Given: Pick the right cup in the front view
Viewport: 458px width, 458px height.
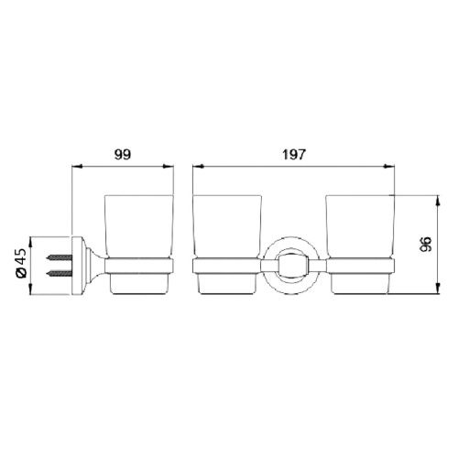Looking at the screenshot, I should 359,229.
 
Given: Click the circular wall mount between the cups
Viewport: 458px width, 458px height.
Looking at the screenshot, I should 292,267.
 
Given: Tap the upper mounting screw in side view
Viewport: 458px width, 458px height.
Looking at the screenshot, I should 58,256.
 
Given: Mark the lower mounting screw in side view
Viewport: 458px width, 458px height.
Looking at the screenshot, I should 58,274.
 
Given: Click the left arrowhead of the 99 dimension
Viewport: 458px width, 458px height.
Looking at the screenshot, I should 75,168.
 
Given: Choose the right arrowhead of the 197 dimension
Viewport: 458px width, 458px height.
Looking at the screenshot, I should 391,168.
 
